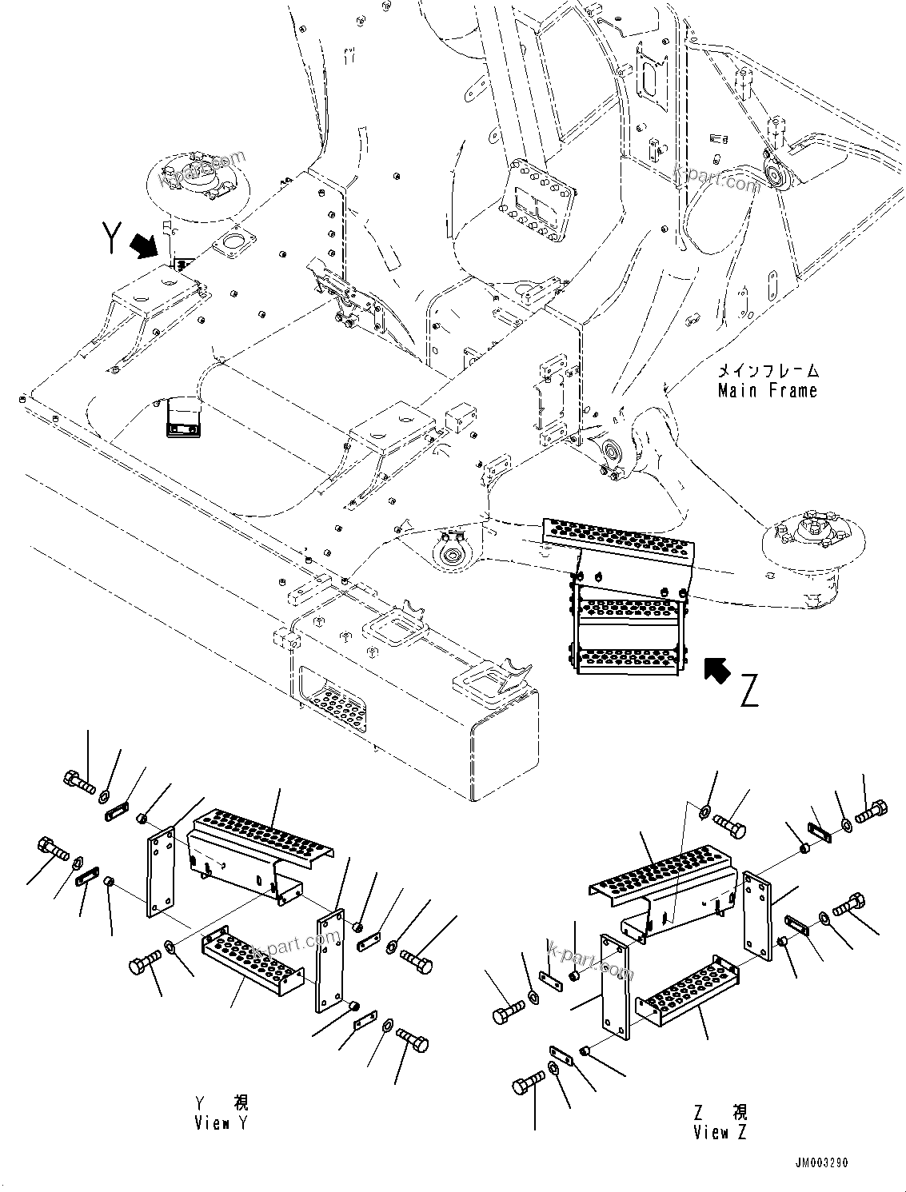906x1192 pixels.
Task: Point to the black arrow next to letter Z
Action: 717,670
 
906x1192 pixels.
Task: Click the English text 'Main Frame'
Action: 767,391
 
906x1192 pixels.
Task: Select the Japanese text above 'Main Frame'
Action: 767,371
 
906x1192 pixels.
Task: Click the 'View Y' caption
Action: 222,1113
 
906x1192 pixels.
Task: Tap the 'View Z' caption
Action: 722,1122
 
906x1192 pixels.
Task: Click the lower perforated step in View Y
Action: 253,956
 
